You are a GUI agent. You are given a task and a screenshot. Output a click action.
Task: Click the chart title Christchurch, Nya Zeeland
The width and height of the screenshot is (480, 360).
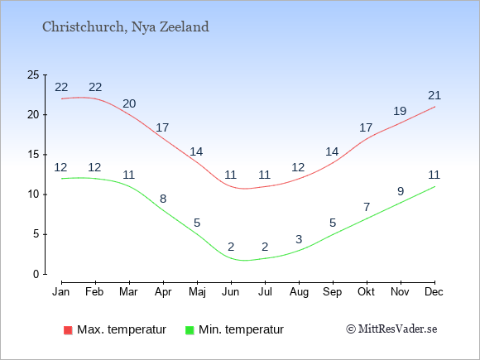click(126, 27)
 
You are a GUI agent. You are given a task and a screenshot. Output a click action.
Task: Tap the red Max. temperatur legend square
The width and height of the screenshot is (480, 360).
click(68, 330)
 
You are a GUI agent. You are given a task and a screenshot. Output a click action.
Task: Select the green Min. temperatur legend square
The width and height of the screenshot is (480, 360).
click(190, 330)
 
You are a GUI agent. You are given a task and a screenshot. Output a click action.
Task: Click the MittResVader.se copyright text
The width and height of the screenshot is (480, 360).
click(391, 329)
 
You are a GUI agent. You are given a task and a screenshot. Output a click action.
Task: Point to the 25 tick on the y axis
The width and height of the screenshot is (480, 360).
click(33, 74)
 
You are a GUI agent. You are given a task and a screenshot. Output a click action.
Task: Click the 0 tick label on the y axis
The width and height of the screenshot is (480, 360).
click(36, 274)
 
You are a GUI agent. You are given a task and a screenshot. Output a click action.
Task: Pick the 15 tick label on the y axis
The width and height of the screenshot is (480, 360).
click(33, 155)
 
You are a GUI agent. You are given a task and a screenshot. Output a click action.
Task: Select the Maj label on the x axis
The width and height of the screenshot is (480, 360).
click(197, 292)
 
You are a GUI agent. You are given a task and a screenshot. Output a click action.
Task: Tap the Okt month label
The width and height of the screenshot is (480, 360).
click(366, 292)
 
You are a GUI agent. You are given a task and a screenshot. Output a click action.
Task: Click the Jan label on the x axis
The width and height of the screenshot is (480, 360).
click(61, 292)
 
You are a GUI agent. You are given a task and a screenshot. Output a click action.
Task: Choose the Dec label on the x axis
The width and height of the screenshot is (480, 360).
click(434, 292)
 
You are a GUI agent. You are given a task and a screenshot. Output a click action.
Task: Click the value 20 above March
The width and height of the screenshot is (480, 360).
click(129, 103)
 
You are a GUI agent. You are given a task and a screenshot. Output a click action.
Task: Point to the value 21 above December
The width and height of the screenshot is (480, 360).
click(434, 96)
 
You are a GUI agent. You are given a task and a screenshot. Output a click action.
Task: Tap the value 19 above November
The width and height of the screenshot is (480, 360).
click(400, 111)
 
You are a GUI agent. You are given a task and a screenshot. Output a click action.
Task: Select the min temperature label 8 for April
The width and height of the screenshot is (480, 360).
click(163, 199)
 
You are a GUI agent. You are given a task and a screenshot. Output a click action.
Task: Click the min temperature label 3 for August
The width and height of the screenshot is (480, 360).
click(299, 239)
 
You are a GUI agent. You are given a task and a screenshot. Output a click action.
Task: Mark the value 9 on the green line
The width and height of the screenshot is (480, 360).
click(401, 191)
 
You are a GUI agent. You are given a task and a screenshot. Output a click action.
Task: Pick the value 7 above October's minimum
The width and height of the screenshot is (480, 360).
click(367, 207)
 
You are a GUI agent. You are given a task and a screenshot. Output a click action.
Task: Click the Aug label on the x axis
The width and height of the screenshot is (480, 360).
click(299, 292)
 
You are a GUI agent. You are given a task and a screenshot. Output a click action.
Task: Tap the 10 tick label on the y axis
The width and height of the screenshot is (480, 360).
click(33, 194)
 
